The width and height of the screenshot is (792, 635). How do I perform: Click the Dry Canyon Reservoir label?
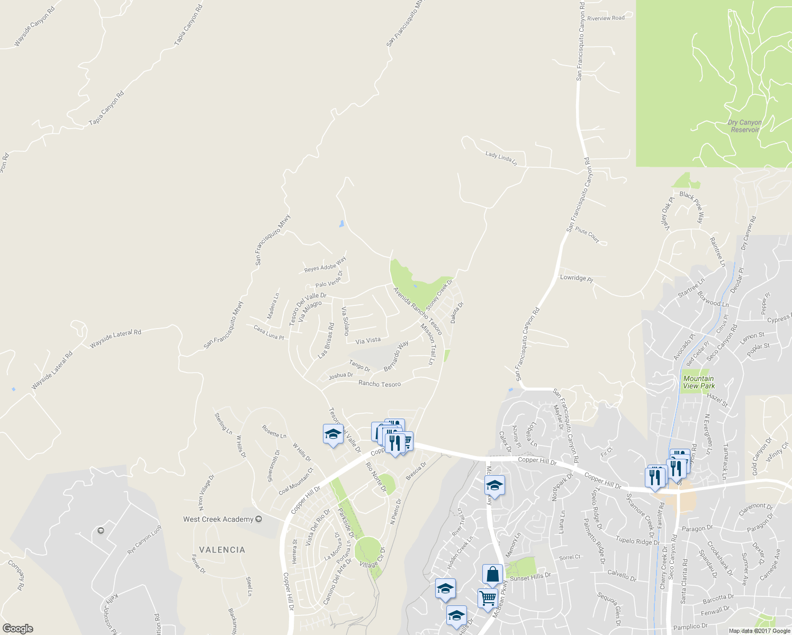coord(744,126)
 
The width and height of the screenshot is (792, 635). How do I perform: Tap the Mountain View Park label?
coord(698,382)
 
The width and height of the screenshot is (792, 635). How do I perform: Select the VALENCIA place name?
coord(222,550)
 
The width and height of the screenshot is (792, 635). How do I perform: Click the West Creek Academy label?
coord(218,519)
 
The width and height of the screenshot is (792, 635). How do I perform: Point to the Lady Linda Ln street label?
coord(501,158)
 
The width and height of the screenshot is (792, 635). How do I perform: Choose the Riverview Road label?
coord(606,18)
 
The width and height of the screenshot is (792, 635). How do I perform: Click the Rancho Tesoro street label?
coord(380,384)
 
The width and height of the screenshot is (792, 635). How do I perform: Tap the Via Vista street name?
coord(368,341)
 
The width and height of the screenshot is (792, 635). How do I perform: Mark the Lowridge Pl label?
coord(577,278)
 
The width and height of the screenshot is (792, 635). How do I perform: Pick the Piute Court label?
coord(587,235)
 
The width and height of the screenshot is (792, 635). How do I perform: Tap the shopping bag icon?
coord(492,574)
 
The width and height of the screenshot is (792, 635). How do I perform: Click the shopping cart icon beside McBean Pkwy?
coord(488,598)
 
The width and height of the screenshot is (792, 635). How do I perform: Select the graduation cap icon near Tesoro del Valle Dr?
coord(333,434)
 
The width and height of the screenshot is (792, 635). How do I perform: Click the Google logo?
coord(18,629)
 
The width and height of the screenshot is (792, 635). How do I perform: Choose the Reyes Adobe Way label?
coord(325,265)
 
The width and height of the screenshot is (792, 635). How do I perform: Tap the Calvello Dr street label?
coord(622,575)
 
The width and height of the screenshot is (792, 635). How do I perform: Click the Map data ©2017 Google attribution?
coord(759,631)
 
